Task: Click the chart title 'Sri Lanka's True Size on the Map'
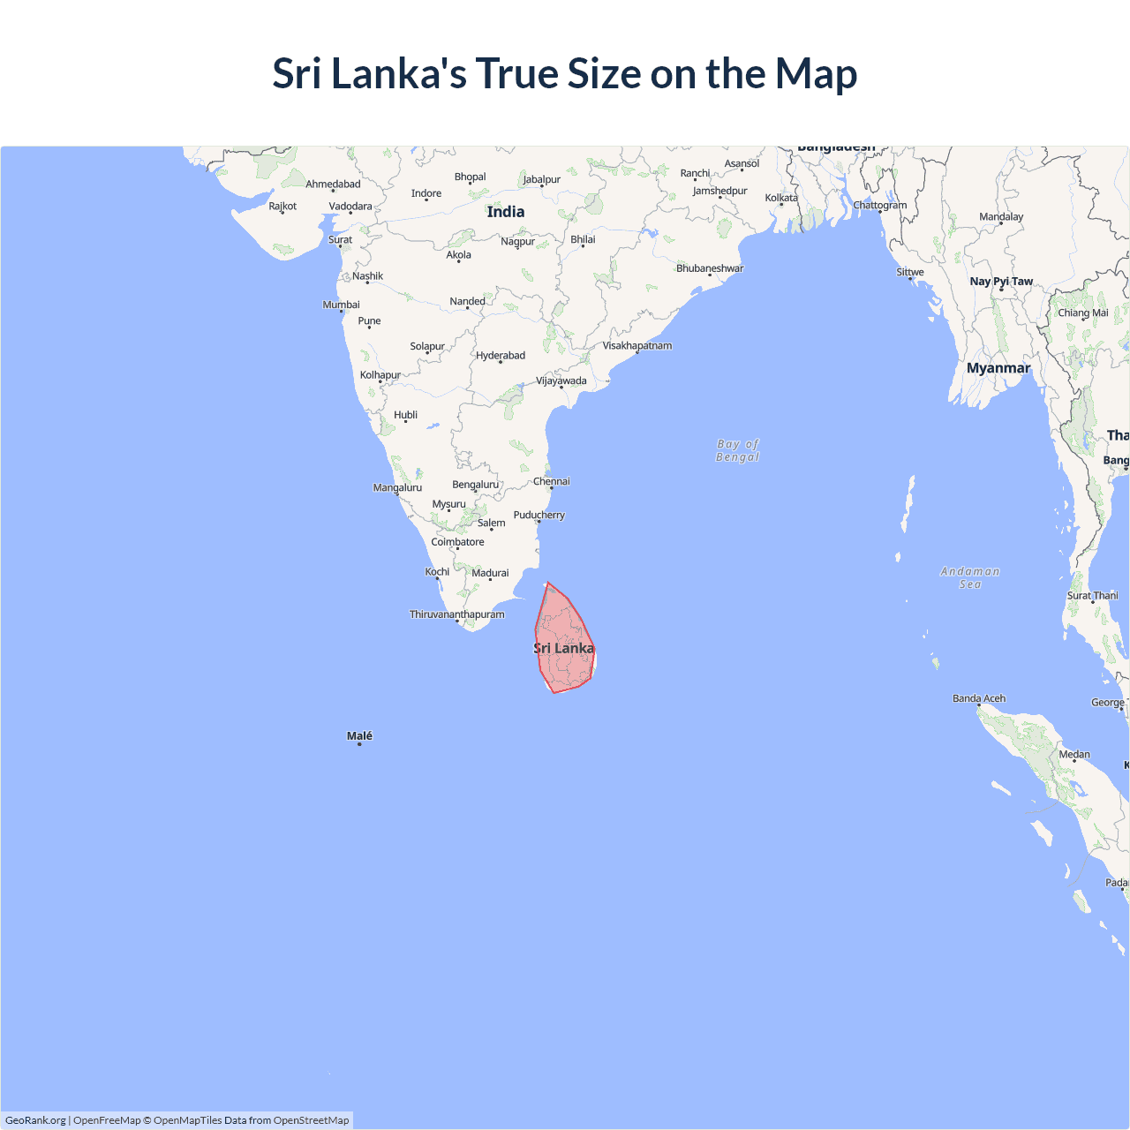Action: pyautogui.click(x=565, y=73)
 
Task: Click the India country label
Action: pyautogui.click(x=506, y=212)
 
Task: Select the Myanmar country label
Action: pyautogui.click(x=998, y=368)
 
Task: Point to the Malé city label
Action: pyautogui.click(x=359, y=736)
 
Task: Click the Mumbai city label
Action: pyautogui.click(x=341, y=305)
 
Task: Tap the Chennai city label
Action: pyautogui.click(x=552, y=481)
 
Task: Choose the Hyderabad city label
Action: pyautogui.click(x=501, y=356)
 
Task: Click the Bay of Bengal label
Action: pyautogui.click(x=738, y=450)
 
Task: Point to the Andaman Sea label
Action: pyautogui.click(x=970, y=577)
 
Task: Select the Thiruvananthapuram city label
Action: pyautogui.click(x=457, y=614)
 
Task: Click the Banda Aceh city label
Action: pyautogui.click(x=979, y=698)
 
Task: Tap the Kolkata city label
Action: pyautogui.click(x=781, y=198)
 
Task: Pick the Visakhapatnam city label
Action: pyautogui.click(x=637, y=345)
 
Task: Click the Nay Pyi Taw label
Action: pyautogui.click(x=1001, y=282)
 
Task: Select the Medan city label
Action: pyautogui.click(x=1074, y=754)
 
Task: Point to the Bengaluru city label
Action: pyautogui.click(x=476, y=485)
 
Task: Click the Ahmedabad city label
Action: pyautogui.click(x=333, y=185)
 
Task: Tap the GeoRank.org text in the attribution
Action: pyautogui.click(x=35, y=1120)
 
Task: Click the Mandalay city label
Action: pyautogui.click(x=1001, y=217)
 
